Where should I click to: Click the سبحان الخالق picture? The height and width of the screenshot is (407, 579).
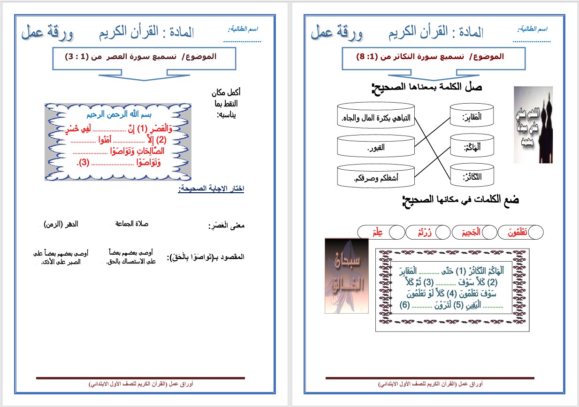(343, 275)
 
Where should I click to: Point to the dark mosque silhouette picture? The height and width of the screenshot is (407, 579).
(533, 125)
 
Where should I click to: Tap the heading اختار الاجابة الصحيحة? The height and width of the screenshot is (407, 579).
(211, 189)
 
